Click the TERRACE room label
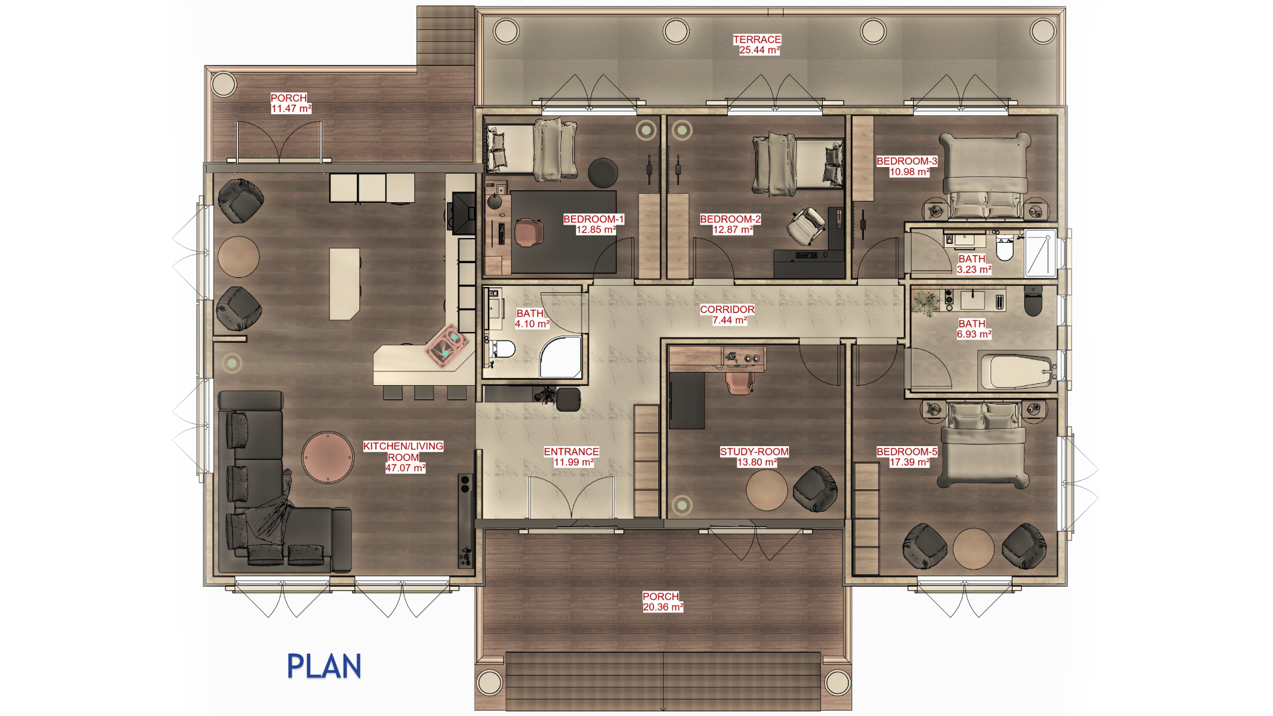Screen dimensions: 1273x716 point(757,40)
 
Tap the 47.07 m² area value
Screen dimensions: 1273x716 point(405,468)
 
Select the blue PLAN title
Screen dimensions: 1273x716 point(324,666)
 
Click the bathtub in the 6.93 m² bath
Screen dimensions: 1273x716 point(1016,371)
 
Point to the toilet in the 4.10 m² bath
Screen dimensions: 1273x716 point(502,349)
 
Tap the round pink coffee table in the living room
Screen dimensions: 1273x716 point(328,457)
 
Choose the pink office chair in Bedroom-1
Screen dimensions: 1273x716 point(528,232)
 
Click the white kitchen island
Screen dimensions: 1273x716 point(345,284)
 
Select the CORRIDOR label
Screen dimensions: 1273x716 point(727,310)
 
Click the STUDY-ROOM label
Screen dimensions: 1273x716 point(755,452)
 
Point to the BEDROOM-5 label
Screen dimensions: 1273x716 point(907,452)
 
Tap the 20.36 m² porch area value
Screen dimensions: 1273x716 point(663,607)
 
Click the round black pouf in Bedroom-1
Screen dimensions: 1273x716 point(603,172)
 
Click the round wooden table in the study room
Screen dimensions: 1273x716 point(766,489)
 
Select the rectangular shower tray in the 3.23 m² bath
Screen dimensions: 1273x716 point(1040,253)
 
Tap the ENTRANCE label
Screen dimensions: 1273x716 point(572,452)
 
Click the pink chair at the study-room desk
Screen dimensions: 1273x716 point(740,382)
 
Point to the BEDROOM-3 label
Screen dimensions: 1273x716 point(907,161)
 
